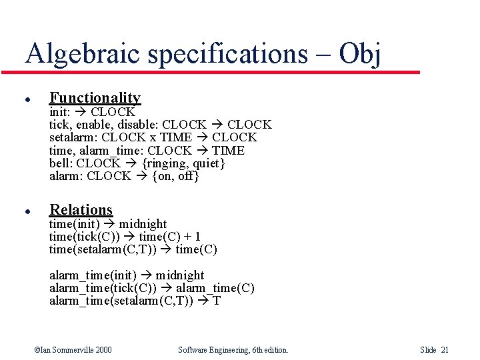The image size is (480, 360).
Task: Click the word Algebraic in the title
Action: [x=83, y=54]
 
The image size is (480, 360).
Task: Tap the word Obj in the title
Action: [x=359, y=54]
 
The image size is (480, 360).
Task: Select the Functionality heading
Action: [x=95, y=98]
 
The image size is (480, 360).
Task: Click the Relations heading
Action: [x=81, y=209]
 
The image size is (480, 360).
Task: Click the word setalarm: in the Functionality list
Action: [x=73, y=137]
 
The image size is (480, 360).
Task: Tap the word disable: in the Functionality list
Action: [x=137, y=125]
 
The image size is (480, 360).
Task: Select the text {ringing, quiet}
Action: [x=183, y=163]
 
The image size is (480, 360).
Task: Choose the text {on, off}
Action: [x=175, y=176]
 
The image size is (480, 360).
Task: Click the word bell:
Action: [x=61, y=163]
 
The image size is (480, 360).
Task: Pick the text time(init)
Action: [x=74, y=224]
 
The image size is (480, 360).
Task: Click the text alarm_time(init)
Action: [x=93, y=275]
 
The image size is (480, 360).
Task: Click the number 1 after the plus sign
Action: [x=197, y=237]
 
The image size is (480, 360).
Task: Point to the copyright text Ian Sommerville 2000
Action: [x=73, y=350]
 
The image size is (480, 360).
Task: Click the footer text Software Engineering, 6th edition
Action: [x=233, y=350]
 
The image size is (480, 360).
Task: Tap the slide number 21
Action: [x=445, y=350]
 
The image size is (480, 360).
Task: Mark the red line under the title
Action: [x=220, y=71]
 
